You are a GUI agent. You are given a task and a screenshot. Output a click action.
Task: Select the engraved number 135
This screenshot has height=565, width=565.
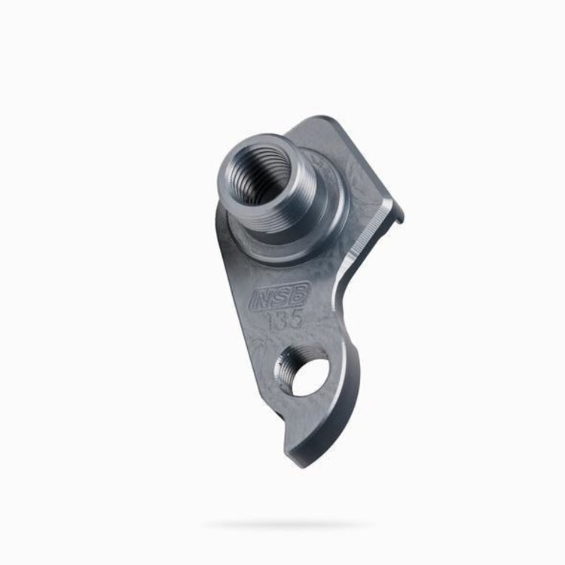pos(285,319)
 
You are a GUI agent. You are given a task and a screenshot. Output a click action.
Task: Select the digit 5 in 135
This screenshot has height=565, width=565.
pos(296,317)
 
